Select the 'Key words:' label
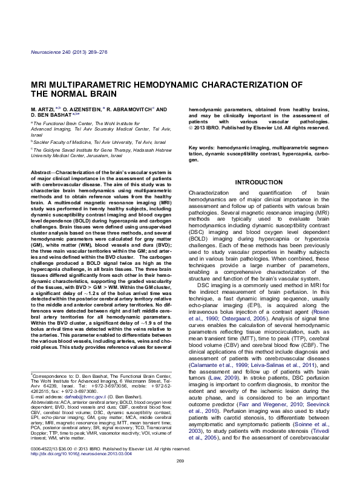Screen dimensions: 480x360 pos(203,148)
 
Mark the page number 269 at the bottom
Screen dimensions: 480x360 pos(180,461)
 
